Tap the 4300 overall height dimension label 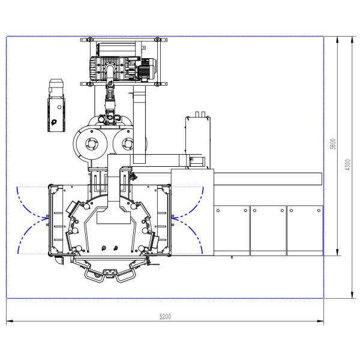tap(346, 166)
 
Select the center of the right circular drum tap(127, 144)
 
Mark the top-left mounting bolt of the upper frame tap(89, 41)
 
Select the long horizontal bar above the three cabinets tap(268, 178)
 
